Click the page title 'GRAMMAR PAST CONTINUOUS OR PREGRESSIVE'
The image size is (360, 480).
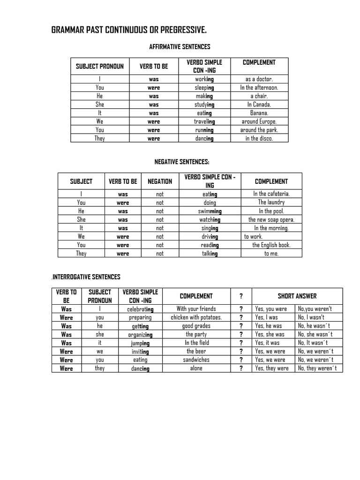128,31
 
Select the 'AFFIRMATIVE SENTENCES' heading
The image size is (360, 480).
180,47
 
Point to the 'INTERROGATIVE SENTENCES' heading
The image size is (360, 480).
87,277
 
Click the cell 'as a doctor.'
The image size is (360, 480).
259,79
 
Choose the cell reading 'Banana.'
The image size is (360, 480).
259,113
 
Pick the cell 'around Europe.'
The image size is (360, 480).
259,121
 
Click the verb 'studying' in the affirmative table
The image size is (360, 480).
204,105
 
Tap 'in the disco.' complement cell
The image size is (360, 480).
259,138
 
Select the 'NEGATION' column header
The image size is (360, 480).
160,181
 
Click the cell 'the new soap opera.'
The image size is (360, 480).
271,219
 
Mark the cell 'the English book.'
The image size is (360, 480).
271,245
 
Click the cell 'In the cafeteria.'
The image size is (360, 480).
271,194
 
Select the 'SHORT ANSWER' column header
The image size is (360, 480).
297,296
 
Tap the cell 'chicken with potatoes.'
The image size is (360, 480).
196,317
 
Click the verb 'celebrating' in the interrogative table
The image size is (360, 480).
140,309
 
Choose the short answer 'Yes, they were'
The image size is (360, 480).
272,368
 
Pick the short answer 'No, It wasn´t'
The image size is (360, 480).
313,343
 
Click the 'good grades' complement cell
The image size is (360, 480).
196,326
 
